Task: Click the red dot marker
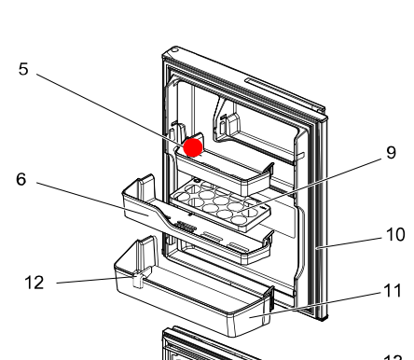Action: [193, 147]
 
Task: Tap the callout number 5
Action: [22, 69]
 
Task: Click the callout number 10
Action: [395, 235]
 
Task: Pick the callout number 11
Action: [393, 290]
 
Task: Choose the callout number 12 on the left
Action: [34, 282]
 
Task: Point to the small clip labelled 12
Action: [137, 278]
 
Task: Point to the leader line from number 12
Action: [93, 281]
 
